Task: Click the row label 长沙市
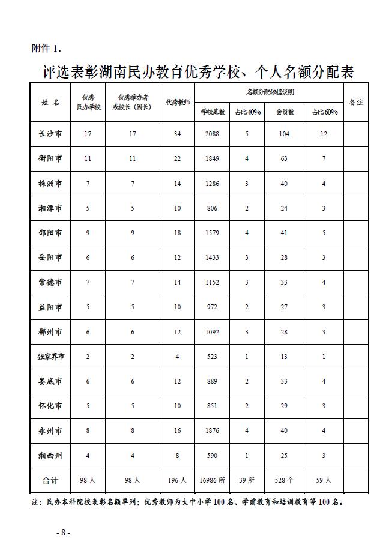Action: click(50, 134)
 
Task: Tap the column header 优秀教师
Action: click(178, 103)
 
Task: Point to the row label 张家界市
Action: click(50, 357)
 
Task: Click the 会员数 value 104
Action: click(284, 134)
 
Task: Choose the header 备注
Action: click(356, 103)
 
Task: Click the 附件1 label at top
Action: click(46, 48)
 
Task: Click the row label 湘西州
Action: click(50, 456)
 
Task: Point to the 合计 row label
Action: click(50, 480)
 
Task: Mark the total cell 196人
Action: click(178, 480)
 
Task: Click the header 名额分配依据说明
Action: click(270, 92)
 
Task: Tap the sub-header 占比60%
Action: click(324, 112)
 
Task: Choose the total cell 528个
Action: click(284, 480)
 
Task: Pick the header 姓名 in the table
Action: click(50, 103)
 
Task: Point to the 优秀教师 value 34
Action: click(178, 134)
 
